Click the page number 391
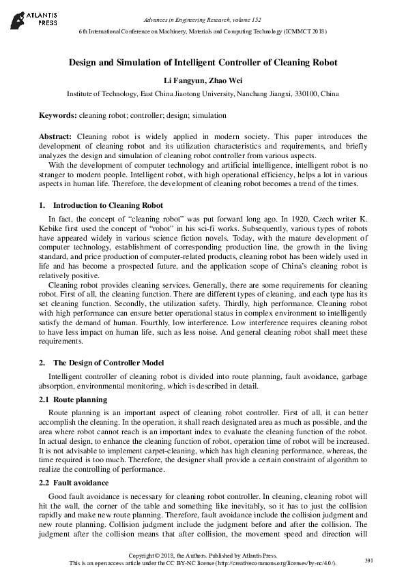[369, 560]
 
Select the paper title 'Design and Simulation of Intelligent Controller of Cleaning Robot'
[203, 62]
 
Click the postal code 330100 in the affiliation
[291, 93]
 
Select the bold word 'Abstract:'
[57, 136]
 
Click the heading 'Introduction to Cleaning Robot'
[108, 205]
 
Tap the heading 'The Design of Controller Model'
[108, 363]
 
